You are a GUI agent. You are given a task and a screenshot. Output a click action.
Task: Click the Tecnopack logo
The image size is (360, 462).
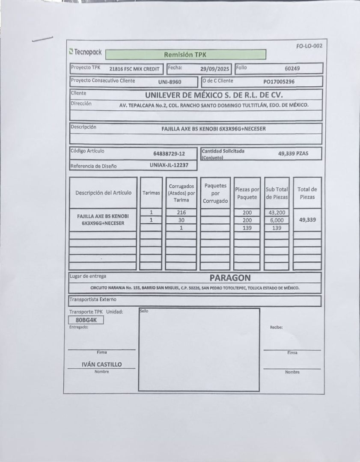click(86, 52)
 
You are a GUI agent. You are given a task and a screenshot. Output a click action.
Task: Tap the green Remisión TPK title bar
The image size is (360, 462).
click(185, 55)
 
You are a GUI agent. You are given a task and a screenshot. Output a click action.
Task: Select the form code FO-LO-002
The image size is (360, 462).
click(309, 46)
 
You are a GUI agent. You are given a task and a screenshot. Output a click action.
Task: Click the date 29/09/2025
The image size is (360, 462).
click(215, 68)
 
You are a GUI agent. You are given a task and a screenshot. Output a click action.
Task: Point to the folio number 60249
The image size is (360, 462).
click(292, 68)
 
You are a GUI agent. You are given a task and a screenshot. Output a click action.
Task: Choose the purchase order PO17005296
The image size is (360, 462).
click(279, 81)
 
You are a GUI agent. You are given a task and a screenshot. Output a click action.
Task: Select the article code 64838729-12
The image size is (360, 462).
click(169, 154)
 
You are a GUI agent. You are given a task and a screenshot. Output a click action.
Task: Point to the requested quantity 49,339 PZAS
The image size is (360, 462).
click(293, 154)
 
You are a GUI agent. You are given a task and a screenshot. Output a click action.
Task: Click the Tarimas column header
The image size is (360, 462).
click(151, 193)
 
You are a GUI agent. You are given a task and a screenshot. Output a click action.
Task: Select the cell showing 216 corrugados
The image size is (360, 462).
click(181, 213)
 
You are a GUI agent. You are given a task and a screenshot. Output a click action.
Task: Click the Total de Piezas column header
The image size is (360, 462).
click(307, 193)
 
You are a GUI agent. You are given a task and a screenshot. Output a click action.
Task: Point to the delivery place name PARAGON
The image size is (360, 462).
click(230, 278)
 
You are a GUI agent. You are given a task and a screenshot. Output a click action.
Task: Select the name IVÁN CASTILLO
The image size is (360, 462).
click(101, 364)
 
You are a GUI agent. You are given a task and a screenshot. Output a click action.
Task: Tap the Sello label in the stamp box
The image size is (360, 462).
click(144, 311)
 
